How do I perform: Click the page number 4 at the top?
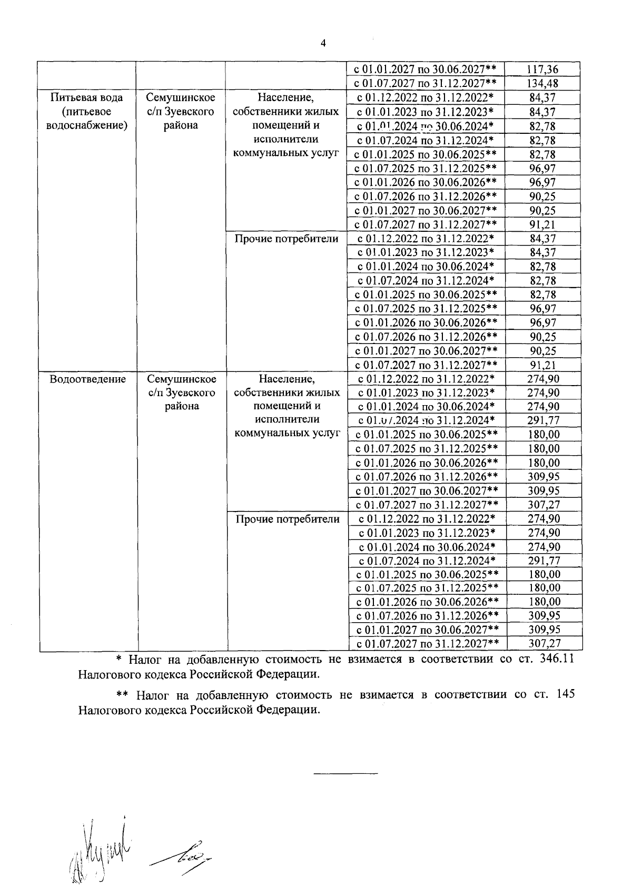point(323,43)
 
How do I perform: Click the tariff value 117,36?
point(542,69)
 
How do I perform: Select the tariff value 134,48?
point(542,83)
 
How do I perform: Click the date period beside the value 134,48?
point(425,83)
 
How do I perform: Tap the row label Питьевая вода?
point(87,97)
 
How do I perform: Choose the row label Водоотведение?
point(87,379)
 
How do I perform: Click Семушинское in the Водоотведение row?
point(182,379)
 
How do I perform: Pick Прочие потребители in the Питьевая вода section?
point(287,239)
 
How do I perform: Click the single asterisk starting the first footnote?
point(118,660)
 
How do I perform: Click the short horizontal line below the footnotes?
point(346,773)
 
